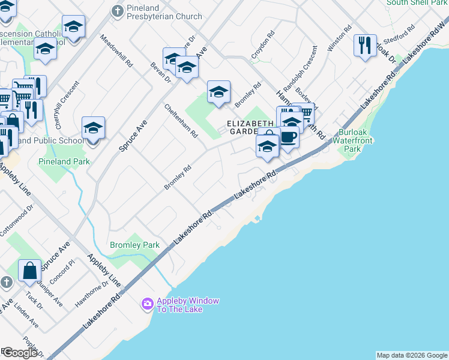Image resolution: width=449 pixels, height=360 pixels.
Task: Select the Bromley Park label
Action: pyautogui.click(x=134, y=245)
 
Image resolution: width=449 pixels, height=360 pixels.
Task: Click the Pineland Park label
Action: pyautogui.click(x=64, y=161)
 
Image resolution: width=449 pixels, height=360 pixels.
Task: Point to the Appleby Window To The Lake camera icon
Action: pyautogui.click(x=147, y=304)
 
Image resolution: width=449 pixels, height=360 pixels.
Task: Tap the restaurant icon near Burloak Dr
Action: pyautogui.click(x=365, y=46)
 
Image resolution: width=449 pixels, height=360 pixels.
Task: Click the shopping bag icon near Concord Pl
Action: pyautogui.click(x=29, y=271)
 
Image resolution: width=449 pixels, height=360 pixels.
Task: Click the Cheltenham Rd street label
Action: pyautogui.click(x=181, y=121)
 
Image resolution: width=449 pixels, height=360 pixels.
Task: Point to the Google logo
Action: pyautogui.click(x=20, y=353)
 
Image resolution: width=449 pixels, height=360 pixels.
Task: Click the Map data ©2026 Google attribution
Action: pyautogui.click(x=411, y=355)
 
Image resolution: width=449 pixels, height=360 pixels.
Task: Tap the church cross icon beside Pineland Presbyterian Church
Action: pyautogui.click(x=117, y=10)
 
